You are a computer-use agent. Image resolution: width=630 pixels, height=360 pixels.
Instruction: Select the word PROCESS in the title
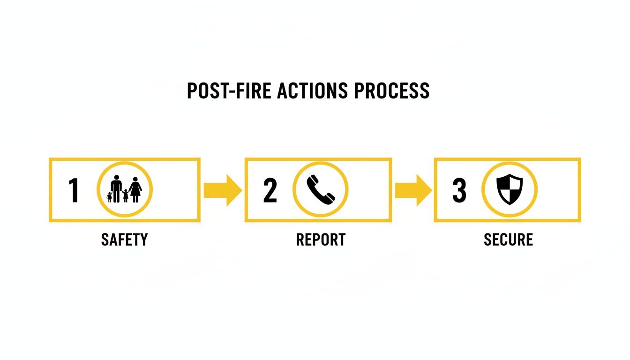(391, 90)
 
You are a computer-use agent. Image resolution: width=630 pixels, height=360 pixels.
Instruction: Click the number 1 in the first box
(74, 190)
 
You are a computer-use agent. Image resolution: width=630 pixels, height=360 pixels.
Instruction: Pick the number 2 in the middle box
(270, 190)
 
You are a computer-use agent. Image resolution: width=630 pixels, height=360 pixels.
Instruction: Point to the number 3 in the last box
(459, 190)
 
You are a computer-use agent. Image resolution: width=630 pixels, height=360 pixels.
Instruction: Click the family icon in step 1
(125, 190)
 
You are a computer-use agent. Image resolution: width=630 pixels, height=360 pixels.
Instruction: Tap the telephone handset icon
(321, 189)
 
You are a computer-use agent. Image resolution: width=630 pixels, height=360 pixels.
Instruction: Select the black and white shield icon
(510, 189)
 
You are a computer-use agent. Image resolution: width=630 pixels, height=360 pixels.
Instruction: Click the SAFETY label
(124, 240)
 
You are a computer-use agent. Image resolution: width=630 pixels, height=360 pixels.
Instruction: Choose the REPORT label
(321, 240)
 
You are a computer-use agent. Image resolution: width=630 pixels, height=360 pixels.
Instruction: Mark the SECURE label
(508, 240)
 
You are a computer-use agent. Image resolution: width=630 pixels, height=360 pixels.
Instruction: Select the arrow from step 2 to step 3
(413, 190)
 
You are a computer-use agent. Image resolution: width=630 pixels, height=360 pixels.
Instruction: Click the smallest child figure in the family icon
(109, 197)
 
